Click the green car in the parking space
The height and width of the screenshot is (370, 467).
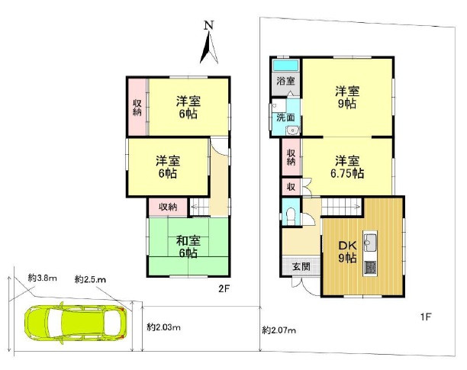click(x=76, y=323)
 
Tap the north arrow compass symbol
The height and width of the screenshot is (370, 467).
click(x=209, y=43)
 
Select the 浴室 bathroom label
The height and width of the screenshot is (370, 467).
click(x=285, y=81)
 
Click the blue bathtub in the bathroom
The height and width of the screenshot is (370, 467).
click(x=286, y=65)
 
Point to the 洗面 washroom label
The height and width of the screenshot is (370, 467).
click(x=285, y=117)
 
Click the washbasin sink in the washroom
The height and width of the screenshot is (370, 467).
click(x=293, y=130)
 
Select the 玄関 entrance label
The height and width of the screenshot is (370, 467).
click(x=301, y=267)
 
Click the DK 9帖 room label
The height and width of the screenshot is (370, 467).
click(x=347, y=252)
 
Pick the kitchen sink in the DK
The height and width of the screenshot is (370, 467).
click(x=370, y=240)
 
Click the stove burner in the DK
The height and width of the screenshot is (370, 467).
click(x=370, y=267)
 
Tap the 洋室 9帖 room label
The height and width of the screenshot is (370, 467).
click(x=347, y=97)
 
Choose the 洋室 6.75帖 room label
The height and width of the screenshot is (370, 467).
click(x=347, y=167)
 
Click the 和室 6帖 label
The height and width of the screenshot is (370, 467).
click(x=188, y=246)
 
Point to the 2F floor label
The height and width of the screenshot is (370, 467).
click(x=224, y=288)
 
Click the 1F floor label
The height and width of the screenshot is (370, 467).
click(x=426, y=317)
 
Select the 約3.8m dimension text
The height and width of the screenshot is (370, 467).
click(x=42, y=278)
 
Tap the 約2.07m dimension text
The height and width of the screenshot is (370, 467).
click(x=279, y=330)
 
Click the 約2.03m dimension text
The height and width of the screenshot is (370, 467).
click(x=163, y=327)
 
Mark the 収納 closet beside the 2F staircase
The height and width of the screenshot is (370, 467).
click(x=168, y=207)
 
